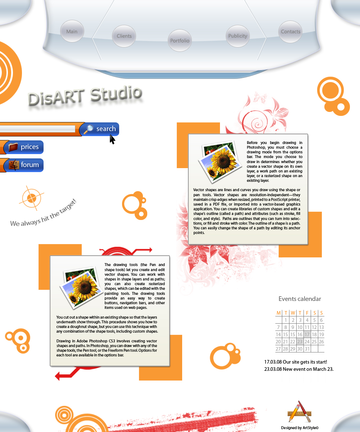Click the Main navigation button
tap(72, 32)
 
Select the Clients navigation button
tap(124, 36)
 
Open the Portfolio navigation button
tap(180, 41)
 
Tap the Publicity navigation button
tap(238, 36)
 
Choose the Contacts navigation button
tap(291, 32)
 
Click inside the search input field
tap(36, 129)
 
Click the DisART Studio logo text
tap(85, 96)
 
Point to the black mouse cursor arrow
tap(112, 139)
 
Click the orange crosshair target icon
tap(31, 198)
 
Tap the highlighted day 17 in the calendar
tap(307, 334)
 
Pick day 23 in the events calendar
tap(300, 342)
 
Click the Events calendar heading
tap(300, 299)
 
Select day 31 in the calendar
tap(307, 349)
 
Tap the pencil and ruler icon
tap(299, 412)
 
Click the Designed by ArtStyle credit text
tap(300, 428)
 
